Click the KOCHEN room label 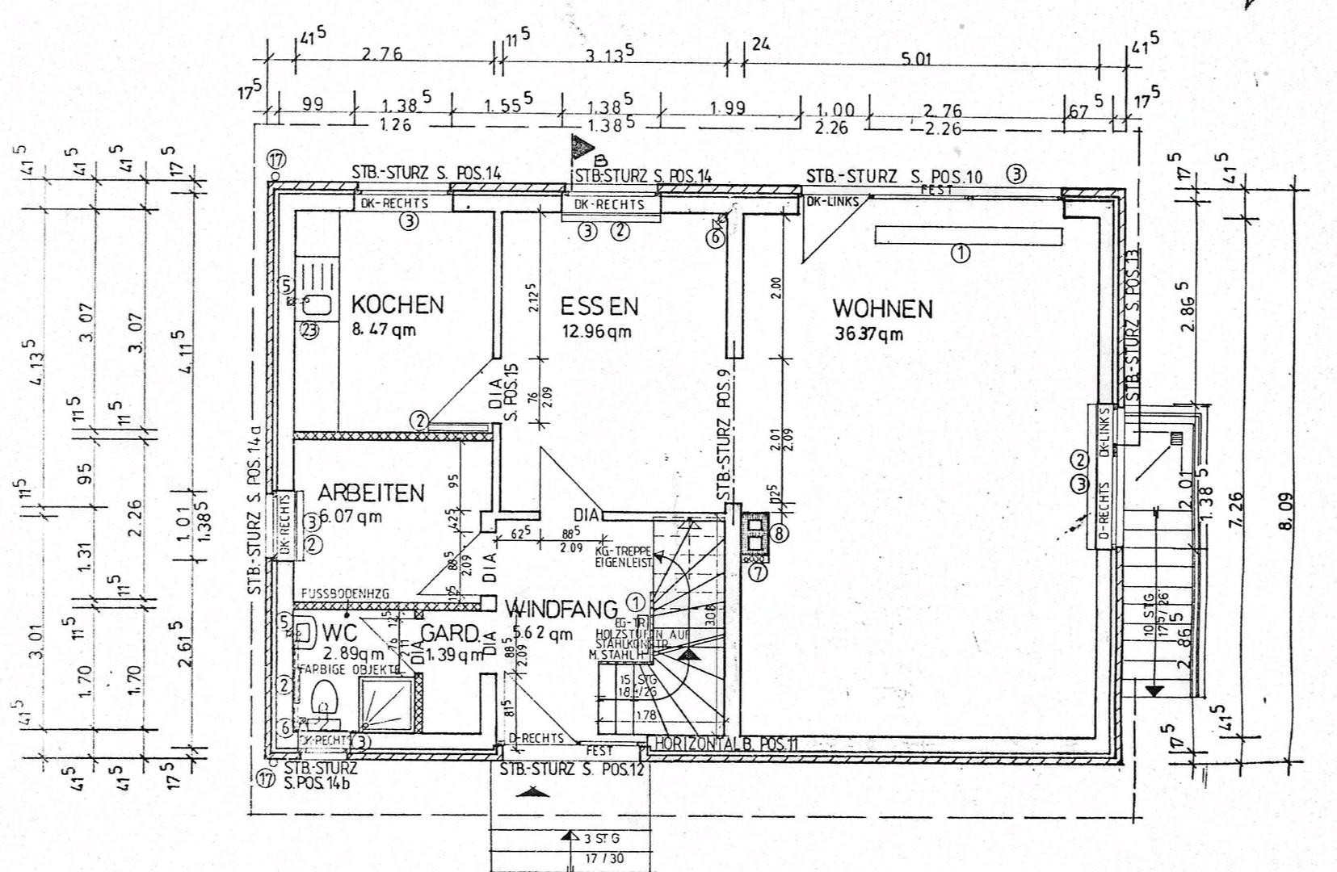(x=397, y=304)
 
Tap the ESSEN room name (x=599, y=306)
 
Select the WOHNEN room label (x=882, y=308)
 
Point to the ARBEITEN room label (x=371, y=493)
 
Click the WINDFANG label (x=561, y=608)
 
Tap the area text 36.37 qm (x=868, y=333)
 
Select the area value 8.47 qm (x=384, y=329)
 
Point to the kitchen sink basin (x=317, y=305)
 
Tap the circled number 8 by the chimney (x=779, y=533)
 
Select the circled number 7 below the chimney (x=757, y=573)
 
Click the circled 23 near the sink (x=309, y=329)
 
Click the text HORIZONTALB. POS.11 (x=725, y=744)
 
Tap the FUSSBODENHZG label (x=345, y=593)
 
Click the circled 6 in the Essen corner (x=716, y=237)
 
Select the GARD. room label (x=451, y=632)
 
